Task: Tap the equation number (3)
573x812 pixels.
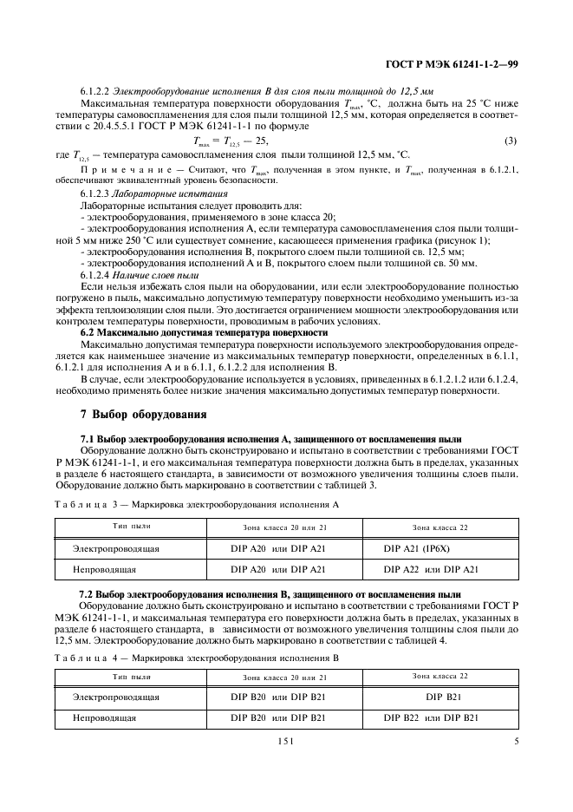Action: [511, 141]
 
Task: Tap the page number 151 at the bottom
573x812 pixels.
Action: [286, 741]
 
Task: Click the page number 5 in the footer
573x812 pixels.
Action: [515, 741]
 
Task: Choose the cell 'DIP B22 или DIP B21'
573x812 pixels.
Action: [431, 717]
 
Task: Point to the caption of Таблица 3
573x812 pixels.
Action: [196, 504]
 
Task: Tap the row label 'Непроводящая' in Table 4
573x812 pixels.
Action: [103, 717]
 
